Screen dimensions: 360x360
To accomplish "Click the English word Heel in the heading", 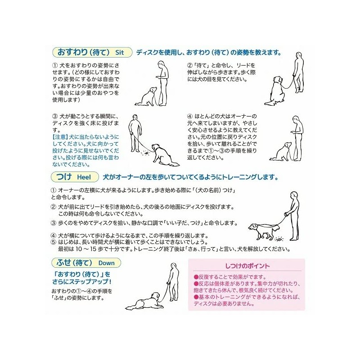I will [x=84, y=176].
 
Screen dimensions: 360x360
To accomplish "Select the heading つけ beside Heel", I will [x=63, y=176].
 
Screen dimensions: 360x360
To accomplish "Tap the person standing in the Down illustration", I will [x=173, y=281].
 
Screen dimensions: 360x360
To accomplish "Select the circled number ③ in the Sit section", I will [x=54, y=116].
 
